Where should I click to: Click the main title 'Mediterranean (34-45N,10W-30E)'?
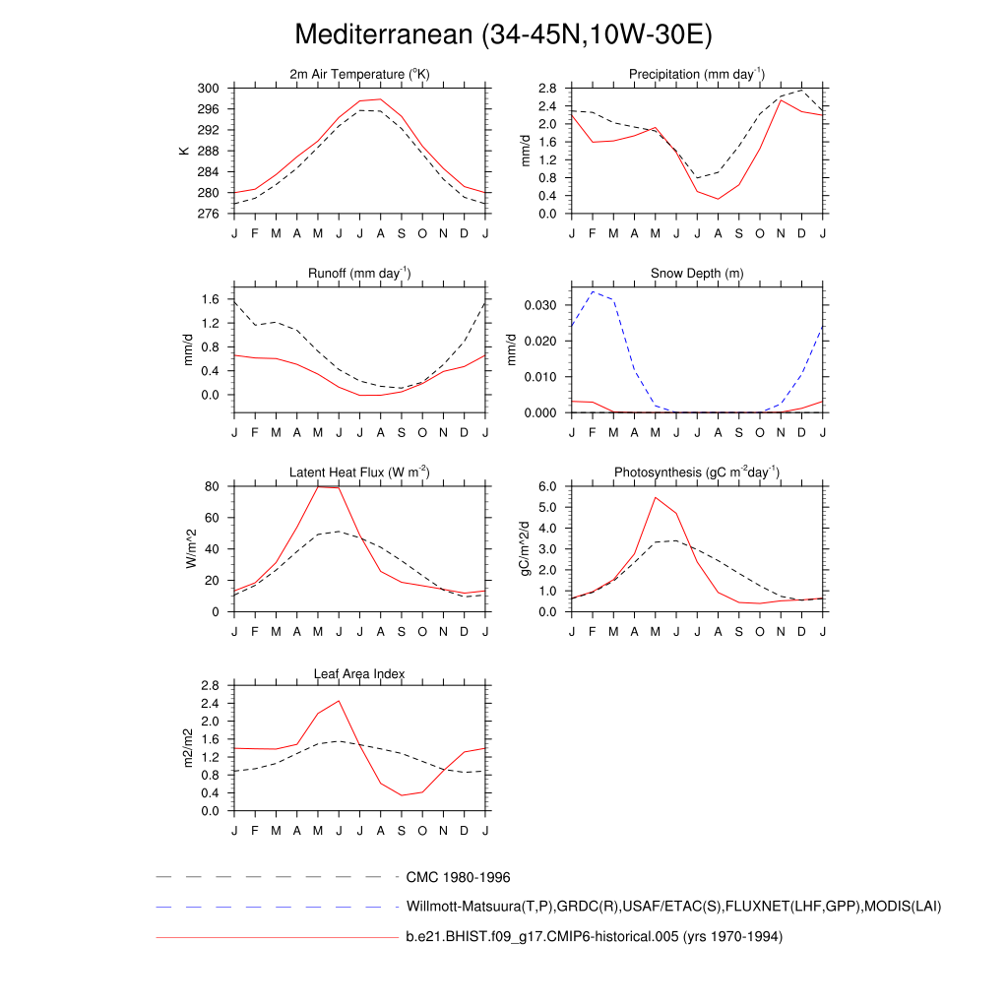coord(503,34)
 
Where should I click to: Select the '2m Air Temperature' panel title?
coord(359,75)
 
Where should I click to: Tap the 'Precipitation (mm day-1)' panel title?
coord(697,75)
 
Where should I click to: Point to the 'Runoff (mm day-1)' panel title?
coord(359,274)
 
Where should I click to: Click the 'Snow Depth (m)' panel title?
coord(697,274)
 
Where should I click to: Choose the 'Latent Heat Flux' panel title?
coord(359,472)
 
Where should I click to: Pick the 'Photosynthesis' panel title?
coord(697,472)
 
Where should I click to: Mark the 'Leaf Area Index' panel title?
coord(359,673)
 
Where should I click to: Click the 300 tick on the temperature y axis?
coord(208,89)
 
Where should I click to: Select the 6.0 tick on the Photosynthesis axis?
coord(548,486)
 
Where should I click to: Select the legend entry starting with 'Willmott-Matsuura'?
coord(673,907)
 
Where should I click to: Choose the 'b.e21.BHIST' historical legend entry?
coord(594,937)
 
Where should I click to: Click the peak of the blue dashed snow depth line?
coord(593,291)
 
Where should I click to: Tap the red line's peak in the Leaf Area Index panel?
coord(339,701)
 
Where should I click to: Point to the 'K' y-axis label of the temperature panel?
coord(184,151)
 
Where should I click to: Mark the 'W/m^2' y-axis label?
coord(190,548)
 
